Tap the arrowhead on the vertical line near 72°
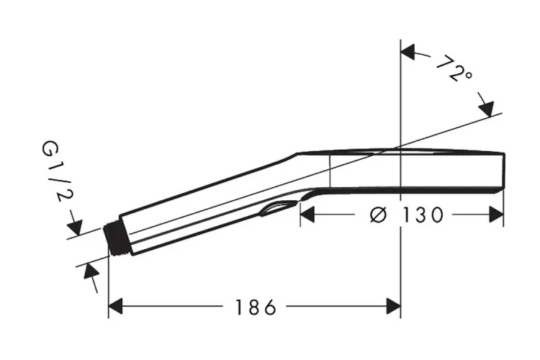[409, 53]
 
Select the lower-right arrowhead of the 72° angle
[487, 109]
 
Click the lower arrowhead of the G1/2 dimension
[91, 272]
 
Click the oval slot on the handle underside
[278, 209]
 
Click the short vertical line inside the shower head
[330, 170]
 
